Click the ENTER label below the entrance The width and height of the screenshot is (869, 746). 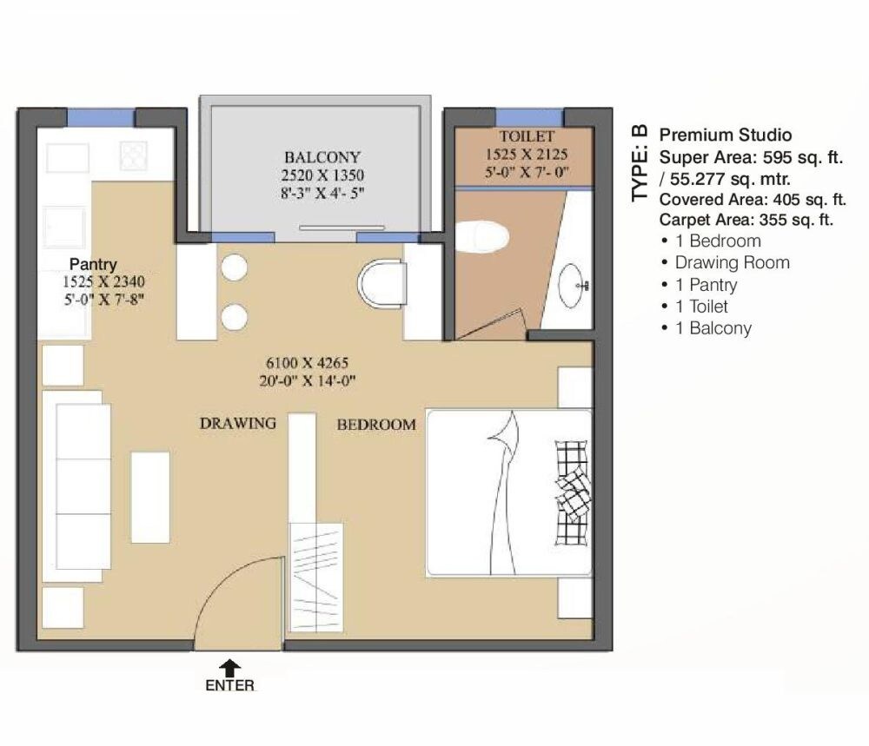(229, 685)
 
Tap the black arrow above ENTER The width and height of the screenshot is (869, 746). (229, 666)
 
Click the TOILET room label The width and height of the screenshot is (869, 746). (526, 137)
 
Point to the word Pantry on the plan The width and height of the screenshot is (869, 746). (93, 264)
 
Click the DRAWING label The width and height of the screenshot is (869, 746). (238, 423)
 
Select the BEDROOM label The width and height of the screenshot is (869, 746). (376, 425)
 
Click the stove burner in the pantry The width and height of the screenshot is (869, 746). (134, 156)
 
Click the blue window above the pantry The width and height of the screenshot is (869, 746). (101, 117)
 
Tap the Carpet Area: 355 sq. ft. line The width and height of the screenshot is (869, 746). (746, 220)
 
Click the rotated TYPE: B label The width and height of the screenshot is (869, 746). (640, 163)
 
